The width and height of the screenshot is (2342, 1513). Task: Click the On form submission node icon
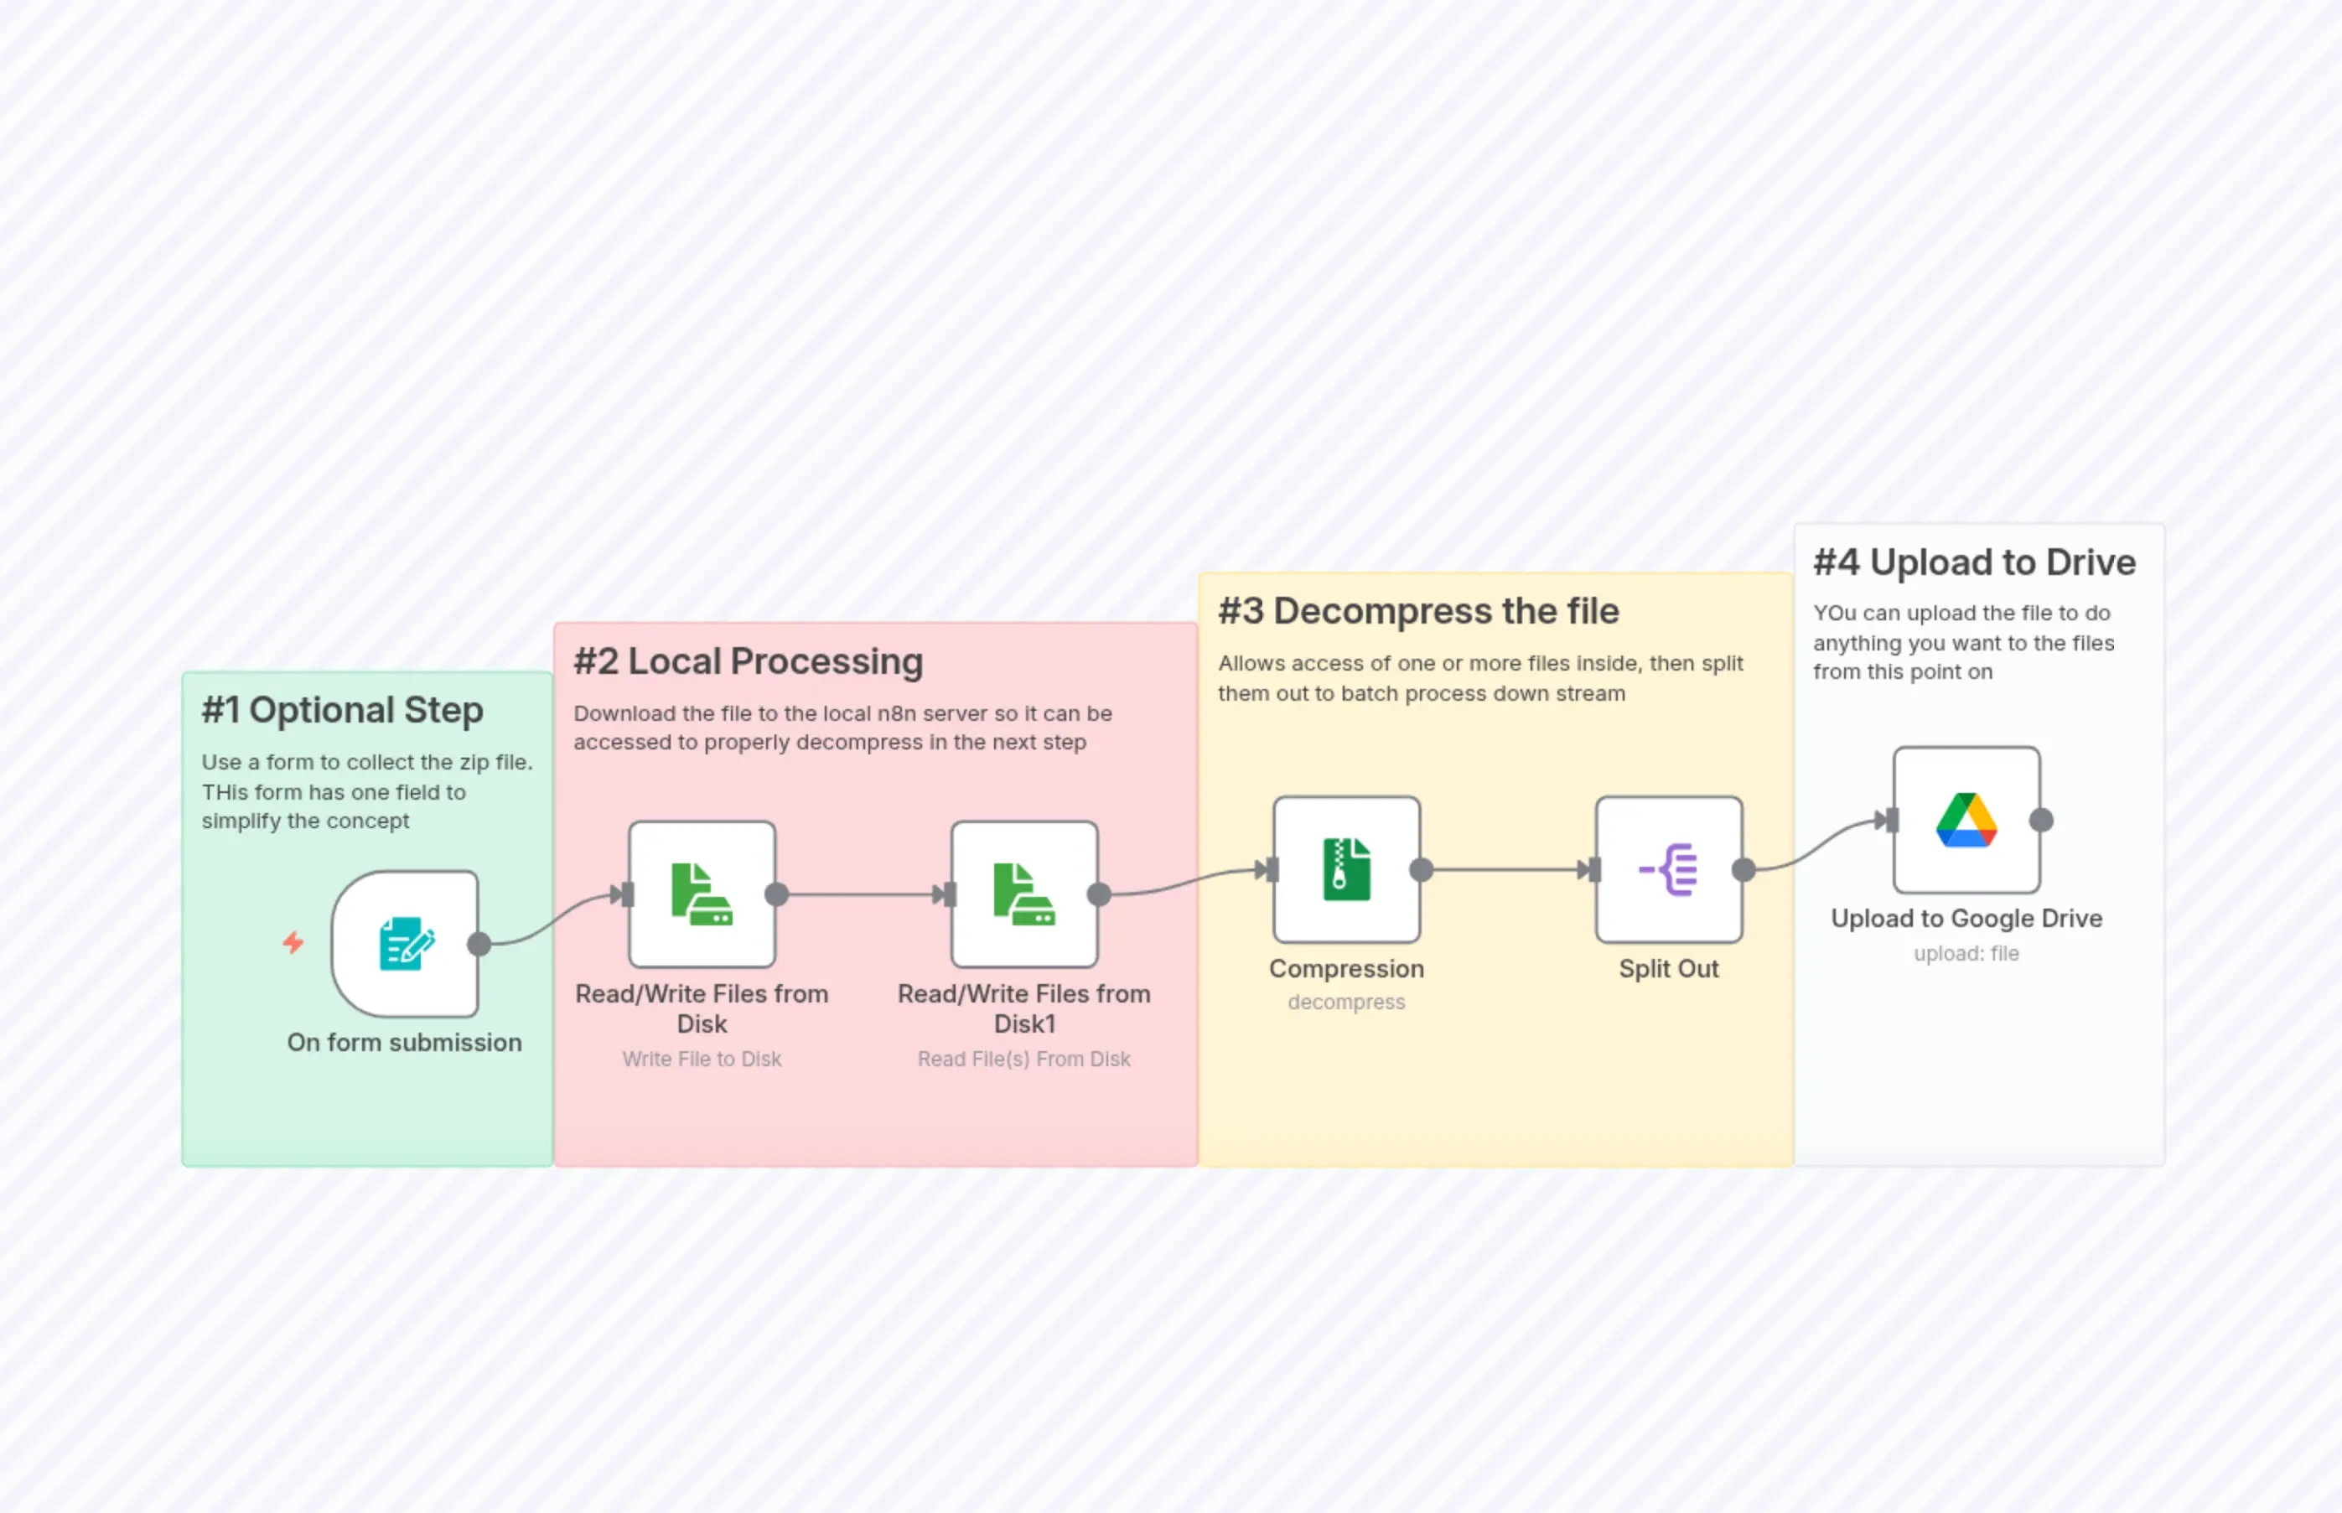point(405,943)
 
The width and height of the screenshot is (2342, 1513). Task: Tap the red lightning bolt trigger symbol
point(293,943)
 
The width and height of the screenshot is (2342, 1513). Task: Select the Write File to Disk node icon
point(702,894)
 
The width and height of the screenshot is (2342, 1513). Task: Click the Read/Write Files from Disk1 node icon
point(1023,894)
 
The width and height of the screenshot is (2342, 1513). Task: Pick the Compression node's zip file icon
point(1346,869)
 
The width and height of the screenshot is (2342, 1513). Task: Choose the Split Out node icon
point(1668,869)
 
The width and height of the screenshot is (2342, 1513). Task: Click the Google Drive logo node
point(1966,820)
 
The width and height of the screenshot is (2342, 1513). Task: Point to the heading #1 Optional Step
point(342,710)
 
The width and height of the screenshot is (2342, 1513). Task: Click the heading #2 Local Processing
point(748,661)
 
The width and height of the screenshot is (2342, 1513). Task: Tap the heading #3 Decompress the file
point(1417,611)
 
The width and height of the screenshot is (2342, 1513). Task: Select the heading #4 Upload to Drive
point(1974,562)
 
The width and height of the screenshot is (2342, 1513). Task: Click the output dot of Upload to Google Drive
point(2041,820)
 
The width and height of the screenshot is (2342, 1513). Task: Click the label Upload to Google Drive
point(1966,918)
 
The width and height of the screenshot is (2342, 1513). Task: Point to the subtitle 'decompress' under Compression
point(1346,1003)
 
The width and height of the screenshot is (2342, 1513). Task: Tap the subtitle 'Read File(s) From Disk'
point(1023,1060)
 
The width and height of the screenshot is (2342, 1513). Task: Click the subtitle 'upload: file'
point(1966,953)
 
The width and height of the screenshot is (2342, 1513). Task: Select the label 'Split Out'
point(1668,969)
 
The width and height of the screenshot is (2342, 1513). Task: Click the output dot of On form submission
point(479,944)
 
